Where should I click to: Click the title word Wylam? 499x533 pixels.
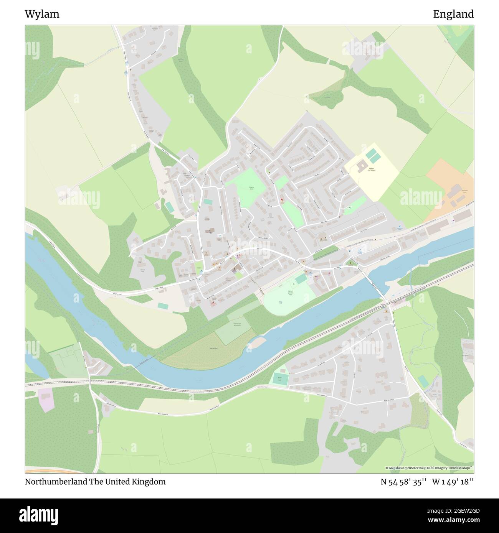42,15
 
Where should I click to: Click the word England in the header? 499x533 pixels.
453,15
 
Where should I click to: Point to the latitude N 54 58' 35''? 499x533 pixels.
404,482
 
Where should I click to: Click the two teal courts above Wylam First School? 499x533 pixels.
371,155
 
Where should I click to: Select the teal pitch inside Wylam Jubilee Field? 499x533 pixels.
301,279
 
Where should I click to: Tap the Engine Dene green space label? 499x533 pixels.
252,188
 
